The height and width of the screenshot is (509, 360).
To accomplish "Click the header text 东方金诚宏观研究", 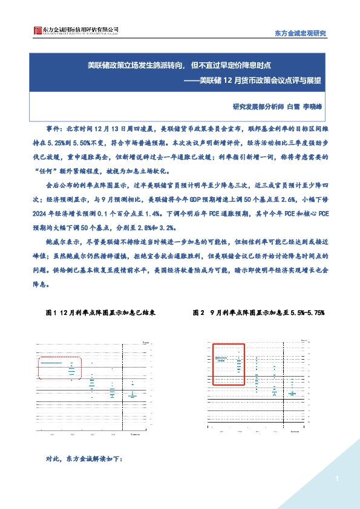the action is [300, 33].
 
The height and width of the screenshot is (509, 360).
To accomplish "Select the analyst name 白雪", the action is [293, 106].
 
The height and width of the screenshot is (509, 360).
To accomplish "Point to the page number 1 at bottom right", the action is [335, 479].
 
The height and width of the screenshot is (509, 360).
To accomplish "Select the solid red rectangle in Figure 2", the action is [229, 363].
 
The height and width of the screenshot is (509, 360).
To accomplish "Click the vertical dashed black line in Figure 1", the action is [123, 387].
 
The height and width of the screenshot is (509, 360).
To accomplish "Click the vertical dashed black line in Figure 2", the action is [286, 387].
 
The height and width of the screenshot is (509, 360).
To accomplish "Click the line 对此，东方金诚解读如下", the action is [84, 459].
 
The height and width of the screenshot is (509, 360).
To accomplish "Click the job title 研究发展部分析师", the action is [258, 106].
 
